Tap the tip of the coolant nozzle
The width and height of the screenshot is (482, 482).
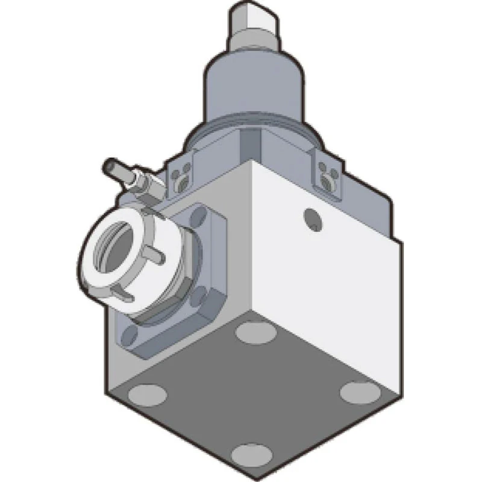[109, 163]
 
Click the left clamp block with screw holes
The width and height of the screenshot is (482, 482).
[181, 175]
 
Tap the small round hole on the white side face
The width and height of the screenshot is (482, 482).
[312, 219]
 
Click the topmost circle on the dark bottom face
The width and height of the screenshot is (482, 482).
[254, 331]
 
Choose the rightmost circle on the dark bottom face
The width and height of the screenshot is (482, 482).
[359, 392]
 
